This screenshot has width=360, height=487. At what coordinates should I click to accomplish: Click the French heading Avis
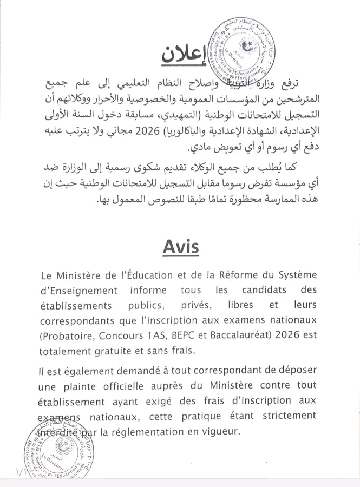pyautogui.click(x=181, y=247)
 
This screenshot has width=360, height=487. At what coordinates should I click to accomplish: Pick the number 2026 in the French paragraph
pyautogui.click(x=290, y=335)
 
